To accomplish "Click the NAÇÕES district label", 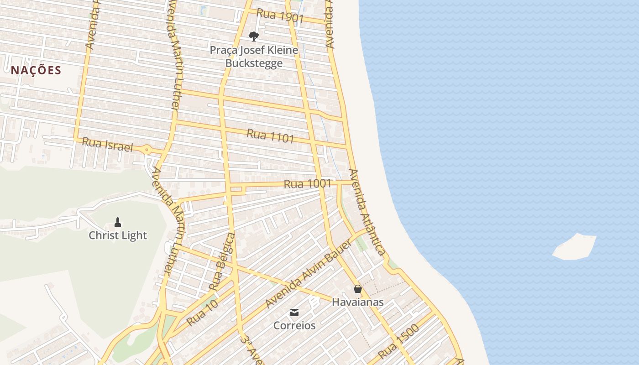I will (36, 70).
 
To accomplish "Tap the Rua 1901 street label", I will (280, 16).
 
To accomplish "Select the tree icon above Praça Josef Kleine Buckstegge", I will (254, 36).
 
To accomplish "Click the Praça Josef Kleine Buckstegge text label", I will (254, 57).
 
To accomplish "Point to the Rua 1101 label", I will (270, 136).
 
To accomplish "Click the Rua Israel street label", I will (107, 145).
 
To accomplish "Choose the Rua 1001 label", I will (307, 184).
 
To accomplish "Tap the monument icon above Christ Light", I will (118, 222).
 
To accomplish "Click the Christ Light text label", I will (118, 235).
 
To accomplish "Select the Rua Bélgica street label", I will (222, 261).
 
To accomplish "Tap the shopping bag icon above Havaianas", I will (357, 289).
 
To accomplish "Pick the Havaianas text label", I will (357, 302).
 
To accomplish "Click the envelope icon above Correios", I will (294, 313).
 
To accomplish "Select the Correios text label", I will (294, 326).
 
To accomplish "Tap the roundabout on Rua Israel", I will (147, 149).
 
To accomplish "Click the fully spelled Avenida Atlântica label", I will (367, 212).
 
